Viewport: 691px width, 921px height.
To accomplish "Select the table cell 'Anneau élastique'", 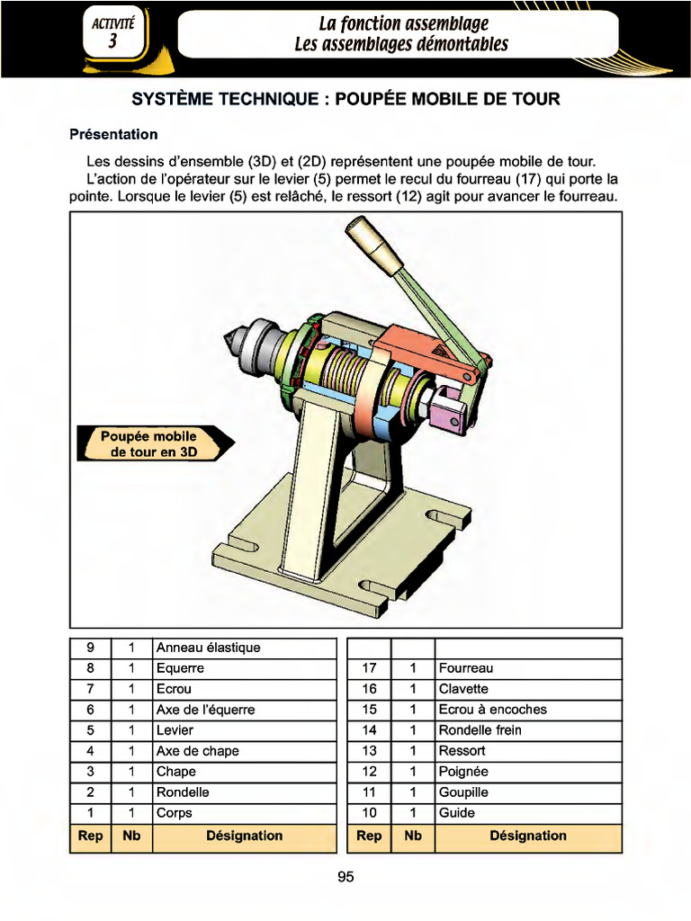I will [x=208, y=648].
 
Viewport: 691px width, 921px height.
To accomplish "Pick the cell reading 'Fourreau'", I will [x=465, y=668].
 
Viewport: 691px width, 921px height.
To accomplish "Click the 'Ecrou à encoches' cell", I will [x=492, y=710].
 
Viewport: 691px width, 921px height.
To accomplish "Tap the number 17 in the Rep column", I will [x=369, y=668].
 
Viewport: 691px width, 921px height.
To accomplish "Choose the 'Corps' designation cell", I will [x=175, y=813].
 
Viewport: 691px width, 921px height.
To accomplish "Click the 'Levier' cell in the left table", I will [x=175, y=730].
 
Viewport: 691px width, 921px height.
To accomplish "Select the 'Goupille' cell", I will [x=463, y=792].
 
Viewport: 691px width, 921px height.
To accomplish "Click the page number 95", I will [x=345, y=877].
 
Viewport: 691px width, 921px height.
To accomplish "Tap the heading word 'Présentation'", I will [x=113, y=135].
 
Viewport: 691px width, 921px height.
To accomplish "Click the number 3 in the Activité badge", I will [x=113, y=42].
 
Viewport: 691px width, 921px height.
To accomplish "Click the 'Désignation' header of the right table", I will [x=528, y=836].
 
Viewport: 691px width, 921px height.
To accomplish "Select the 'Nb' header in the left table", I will [x=131, y=836].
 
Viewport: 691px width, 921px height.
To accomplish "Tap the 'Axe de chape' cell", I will [x=197, y=751].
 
